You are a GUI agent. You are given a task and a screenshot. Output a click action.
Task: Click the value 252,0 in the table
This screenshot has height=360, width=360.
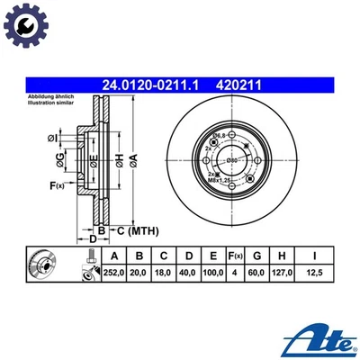pos(112,271)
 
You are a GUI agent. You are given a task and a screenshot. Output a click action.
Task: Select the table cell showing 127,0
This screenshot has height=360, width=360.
pos(286,271)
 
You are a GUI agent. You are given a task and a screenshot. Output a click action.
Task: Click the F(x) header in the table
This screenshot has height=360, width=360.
pos(235,255)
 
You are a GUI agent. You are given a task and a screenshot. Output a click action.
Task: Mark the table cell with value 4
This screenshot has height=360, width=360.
pos(235,271)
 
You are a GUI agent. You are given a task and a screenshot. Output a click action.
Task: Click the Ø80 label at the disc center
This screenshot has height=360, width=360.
pos(232,159)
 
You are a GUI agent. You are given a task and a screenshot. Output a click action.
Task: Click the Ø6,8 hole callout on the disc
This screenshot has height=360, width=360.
pos(219,135)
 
